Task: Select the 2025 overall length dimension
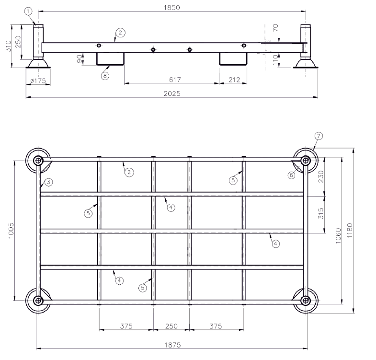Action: (x=172, y=93)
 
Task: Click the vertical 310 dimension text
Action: (x=8, y=46)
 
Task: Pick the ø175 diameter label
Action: (x=37, y=81)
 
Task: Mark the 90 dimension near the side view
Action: (x=79, y=58)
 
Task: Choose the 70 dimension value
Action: (x=275, y=28)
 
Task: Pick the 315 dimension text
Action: (x=321, y=212)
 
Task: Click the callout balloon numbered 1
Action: (x=29, y=11)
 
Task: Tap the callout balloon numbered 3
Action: (x=48, y=182)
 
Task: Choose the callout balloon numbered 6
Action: (x=291, y=175)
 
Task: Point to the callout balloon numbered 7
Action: (x=319, y=136)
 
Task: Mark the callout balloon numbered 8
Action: (x=105, y=75)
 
